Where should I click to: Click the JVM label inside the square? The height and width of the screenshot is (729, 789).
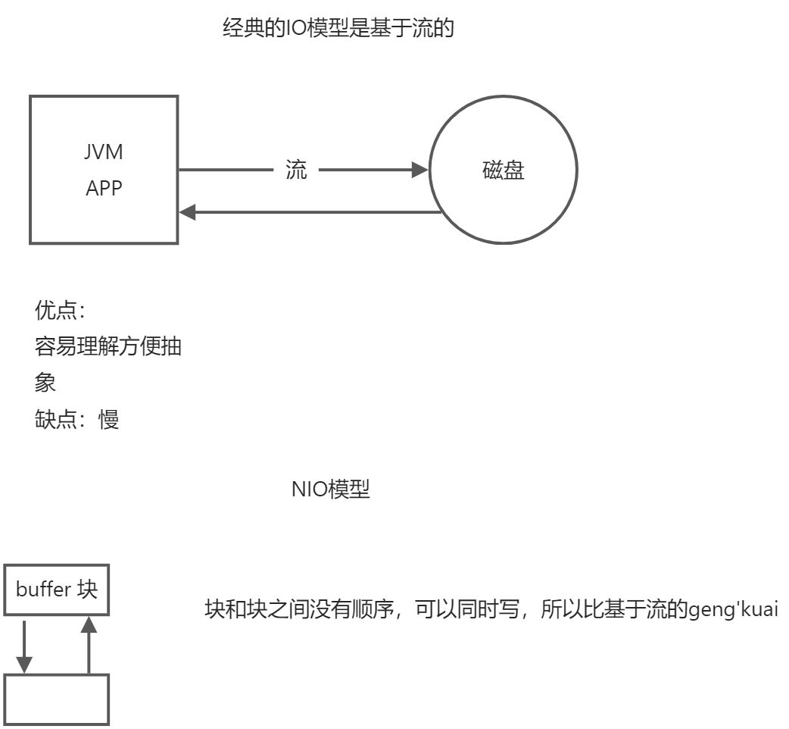(x=104, y=152)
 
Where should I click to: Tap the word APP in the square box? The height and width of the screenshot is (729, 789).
(x=104, y=188)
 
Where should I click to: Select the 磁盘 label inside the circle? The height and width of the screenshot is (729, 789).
(x=504, y=171)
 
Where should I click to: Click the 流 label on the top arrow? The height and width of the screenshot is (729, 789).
(x=296, y=171)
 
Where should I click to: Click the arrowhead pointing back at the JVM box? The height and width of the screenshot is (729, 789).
(x=188, y=213)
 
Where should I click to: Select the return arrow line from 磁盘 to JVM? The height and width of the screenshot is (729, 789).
(x=318, y=213)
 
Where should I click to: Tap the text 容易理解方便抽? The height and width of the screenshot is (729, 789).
(x=108, y=348)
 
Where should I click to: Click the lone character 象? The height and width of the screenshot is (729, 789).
(x=45, y=383)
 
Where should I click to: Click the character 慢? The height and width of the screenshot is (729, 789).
(x=109, y=420)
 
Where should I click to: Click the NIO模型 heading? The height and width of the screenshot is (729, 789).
(x=331, y=490)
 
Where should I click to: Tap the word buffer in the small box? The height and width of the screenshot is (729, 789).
(x=44, y=590)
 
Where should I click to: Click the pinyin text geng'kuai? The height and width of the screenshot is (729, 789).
(x=733, y=609)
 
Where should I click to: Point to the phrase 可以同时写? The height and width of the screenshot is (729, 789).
(x=469, y=609)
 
